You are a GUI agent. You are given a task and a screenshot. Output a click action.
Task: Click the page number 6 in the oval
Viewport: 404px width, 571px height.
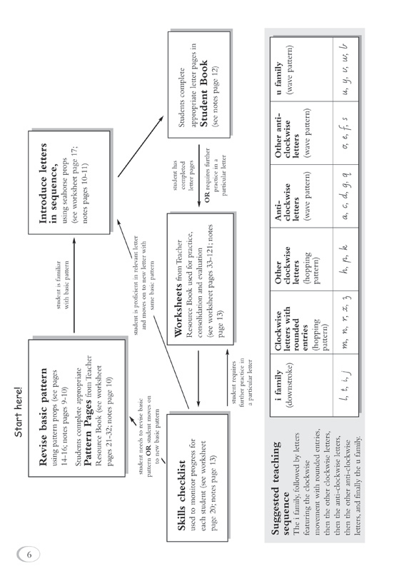[x=29, y=555]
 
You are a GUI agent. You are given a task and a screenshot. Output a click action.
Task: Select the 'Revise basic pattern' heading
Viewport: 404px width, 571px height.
[x=43, y=417]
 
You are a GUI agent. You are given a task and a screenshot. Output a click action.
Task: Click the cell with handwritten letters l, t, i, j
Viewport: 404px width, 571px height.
[x=345, y=385]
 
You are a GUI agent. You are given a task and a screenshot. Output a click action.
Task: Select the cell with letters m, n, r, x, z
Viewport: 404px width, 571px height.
[x=345, y=323]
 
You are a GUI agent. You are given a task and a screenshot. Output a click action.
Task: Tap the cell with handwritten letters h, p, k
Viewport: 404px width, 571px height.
[x=345, y=259]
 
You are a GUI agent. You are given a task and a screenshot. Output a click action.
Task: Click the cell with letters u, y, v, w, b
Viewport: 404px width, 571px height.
[x=345, y=69]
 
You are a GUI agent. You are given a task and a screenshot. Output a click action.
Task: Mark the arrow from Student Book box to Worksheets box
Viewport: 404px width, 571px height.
[x=199, y=176]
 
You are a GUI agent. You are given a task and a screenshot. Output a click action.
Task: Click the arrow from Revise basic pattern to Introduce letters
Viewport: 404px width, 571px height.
[x=74, y=285]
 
